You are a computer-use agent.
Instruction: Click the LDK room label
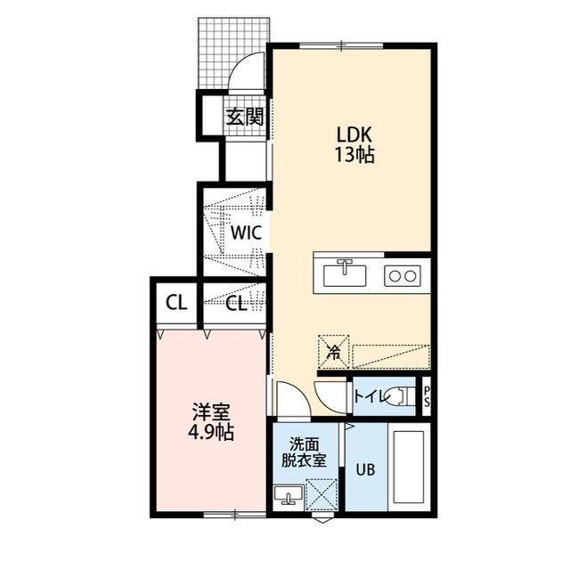pos(354,134)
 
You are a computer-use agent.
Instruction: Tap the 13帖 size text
pos(354,155)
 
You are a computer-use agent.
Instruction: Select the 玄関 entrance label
pos(245,117)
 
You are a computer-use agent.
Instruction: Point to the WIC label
pos(246,233)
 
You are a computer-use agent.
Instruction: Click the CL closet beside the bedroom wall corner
pos(176,303)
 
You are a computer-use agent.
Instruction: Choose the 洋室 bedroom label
pos(211,412)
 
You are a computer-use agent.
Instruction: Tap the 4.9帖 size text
pos(211,432)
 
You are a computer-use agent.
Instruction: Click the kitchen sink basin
pos(345,275)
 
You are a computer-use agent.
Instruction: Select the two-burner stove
pos(403,276)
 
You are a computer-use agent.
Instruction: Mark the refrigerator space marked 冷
pos(334,352)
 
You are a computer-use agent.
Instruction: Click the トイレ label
pos(370,396)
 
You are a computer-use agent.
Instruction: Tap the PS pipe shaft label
pos(427,396)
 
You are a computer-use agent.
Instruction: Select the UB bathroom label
pos(365,469)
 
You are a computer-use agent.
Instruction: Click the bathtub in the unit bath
pos(409,467)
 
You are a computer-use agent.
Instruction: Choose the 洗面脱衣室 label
pos(305,452)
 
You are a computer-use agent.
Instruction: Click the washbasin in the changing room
pos(289,495)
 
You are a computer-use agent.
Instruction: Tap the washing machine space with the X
pos(322,495)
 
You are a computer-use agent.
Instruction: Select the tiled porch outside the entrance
pos(232,53)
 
